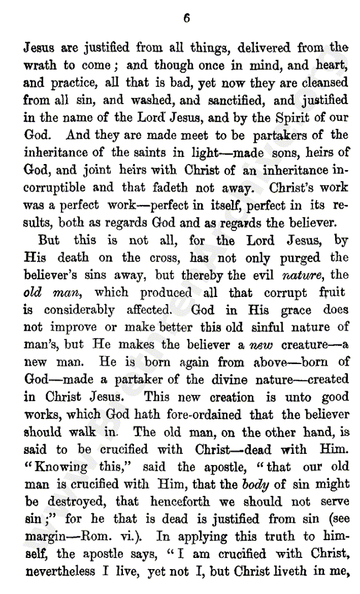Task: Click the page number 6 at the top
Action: [187, 18]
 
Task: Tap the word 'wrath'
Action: [39, 65]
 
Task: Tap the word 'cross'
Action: [164, 258]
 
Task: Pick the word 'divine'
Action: [249, 380]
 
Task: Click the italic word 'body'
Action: [256, 484]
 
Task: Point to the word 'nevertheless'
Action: [60, 571]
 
